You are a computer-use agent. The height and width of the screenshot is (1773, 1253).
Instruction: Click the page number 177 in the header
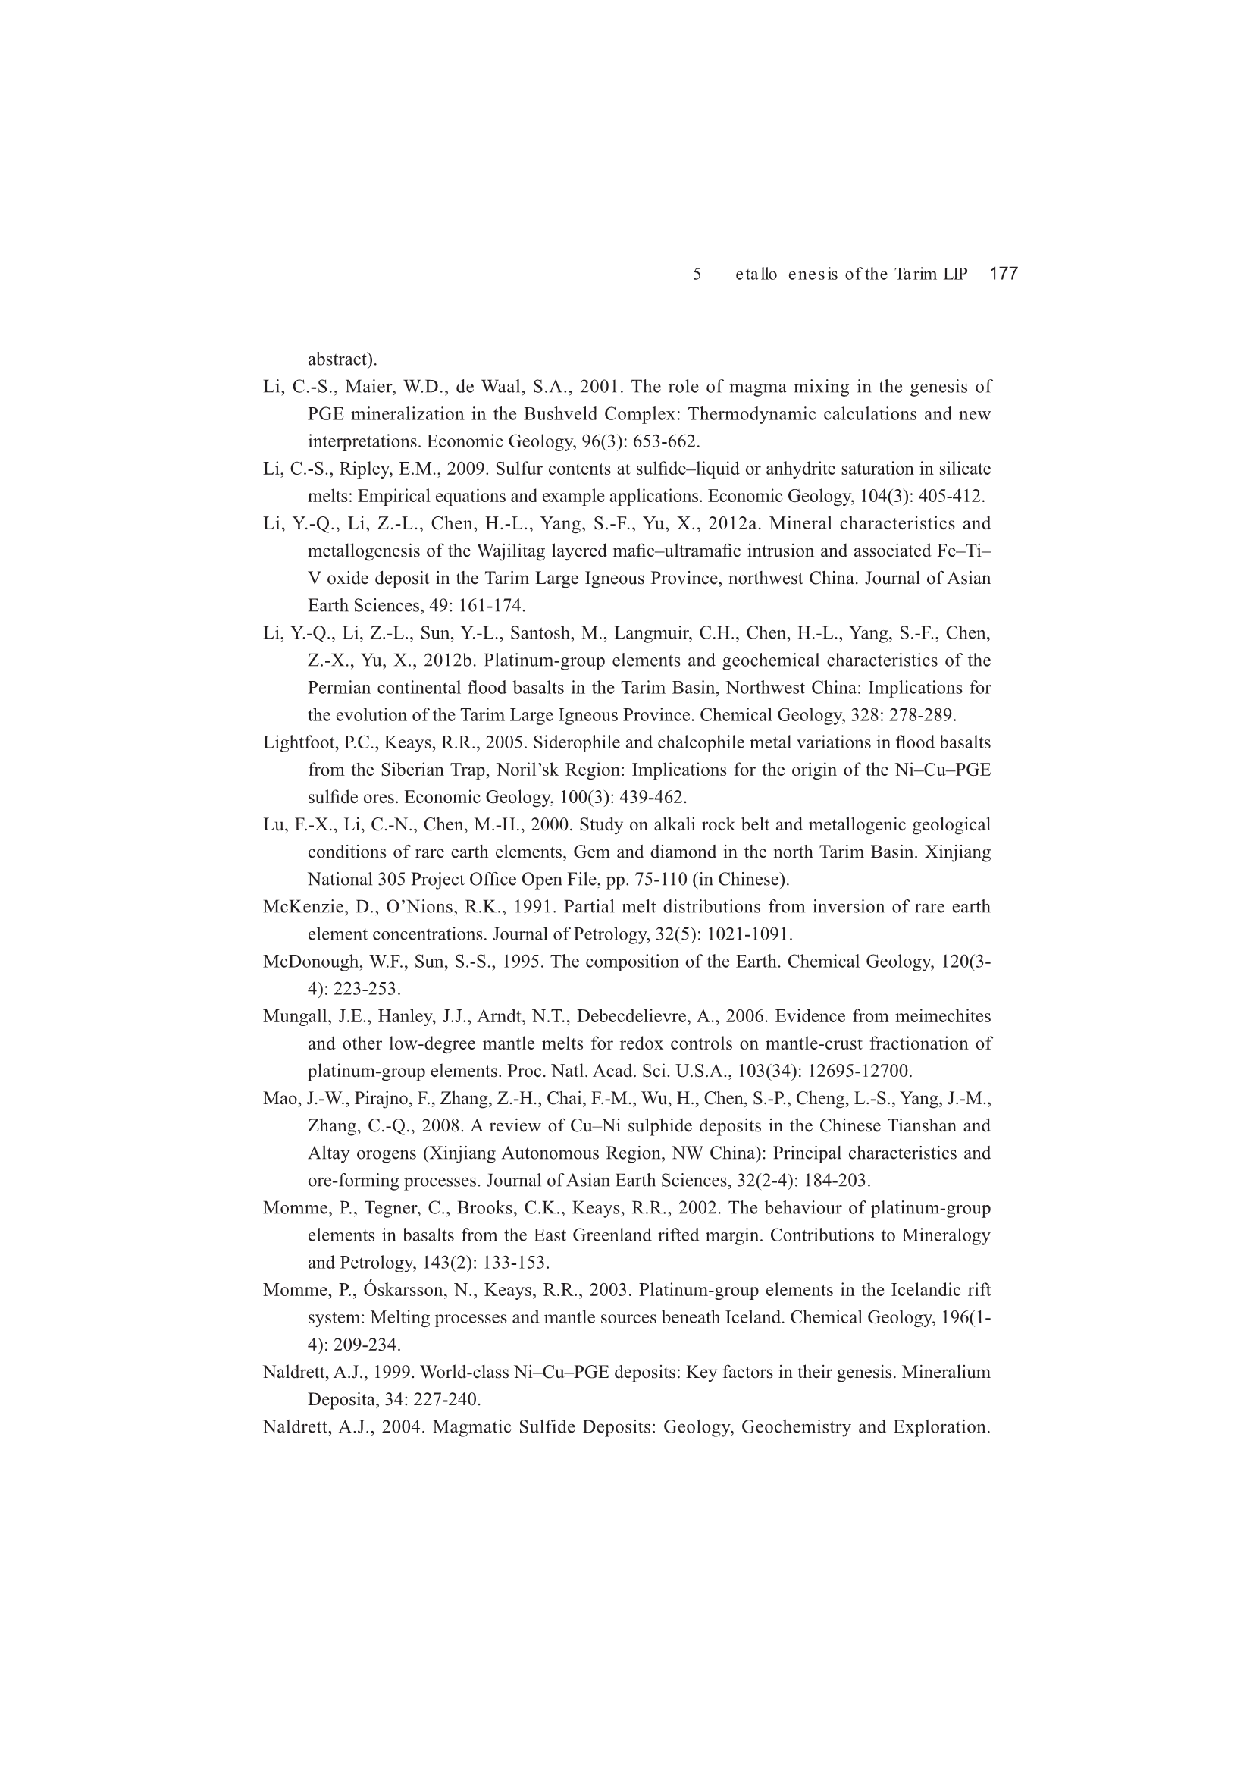(1003, 273)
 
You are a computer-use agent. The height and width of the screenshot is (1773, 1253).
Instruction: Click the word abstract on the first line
(338, 359)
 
